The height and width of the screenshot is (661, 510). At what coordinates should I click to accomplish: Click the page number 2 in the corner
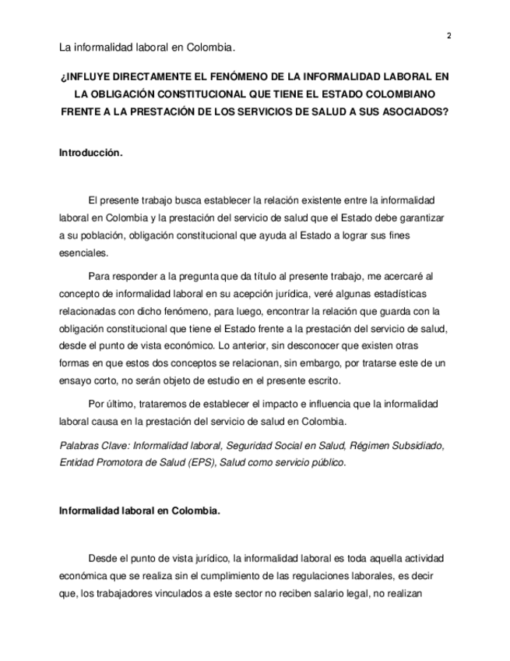click(449, 35)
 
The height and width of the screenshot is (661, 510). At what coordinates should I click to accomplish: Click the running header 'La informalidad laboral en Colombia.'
click(147, 48)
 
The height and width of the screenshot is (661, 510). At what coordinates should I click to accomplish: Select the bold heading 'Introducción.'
click(91, 154)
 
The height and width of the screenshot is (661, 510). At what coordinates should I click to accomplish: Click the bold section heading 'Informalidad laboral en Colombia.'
click(139, 511)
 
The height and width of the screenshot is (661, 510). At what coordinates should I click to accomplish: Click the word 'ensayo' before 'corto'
click(75, 381)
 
